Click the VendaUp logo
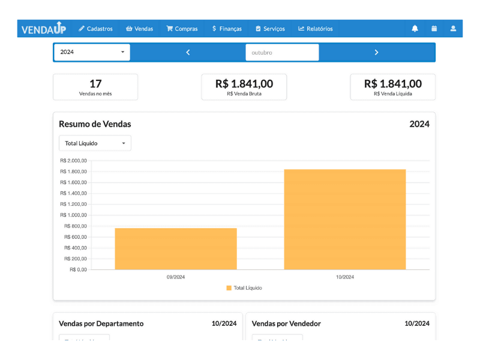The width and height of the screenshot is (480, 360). point(44,28)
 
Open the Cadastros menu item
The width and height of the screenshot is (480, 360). point(95,28)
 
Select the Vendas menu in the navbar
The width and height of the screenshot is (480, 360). point(139,28)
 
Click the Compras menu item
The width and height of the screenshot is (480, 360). point(182,28)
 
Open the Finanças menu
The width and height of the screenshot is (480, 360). point(227,28)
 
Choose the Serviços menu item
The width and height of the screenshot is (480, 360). point(270,28)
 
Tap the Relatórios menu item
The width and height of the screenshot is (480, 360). point(316,28)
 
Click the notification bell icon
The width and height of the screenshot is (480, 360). point(415,28)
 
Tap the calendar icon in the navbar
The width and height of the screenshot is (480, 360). point(434,28)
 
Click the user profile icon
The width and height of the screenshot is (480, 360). point(453,28)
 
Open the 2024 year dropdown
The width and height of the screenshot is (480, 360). point(92,52)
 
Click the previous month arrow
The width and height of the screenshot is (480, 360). point(188,52)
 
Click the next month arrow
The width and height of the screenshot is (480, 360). point(376,52)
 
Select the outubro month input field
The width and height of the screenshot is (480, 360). point(282,52)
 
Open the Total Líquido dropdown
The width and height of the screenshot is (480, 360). point(95,143)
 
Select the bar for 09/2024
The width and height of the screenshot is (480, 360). point(176,248)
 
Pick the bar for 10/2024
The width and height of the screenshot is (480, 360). point(344,219)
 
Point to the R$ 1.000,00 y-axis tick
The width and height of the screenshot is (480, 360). point(74,215)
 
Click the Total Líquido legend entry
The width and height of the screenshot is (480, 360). point(244,288)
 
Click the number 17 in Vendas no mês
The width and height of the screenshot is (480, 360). point(95,84)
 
